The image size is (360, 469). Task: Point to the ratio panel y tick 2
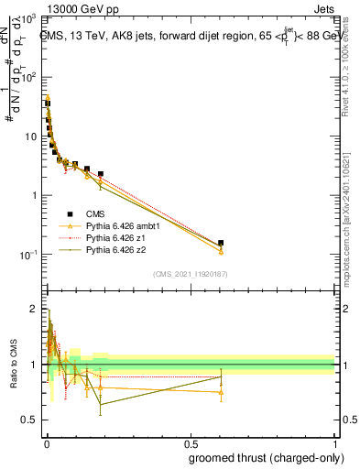click(x=32, y=309)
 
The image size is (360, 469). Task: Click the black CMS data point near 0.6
click(x=221, y=243)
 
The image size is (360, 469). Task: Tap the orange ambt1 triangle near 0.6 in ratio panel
click(x=221, y=392)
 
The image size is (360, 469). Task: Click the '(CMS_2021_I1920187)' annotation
click(x=190, y=273)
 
